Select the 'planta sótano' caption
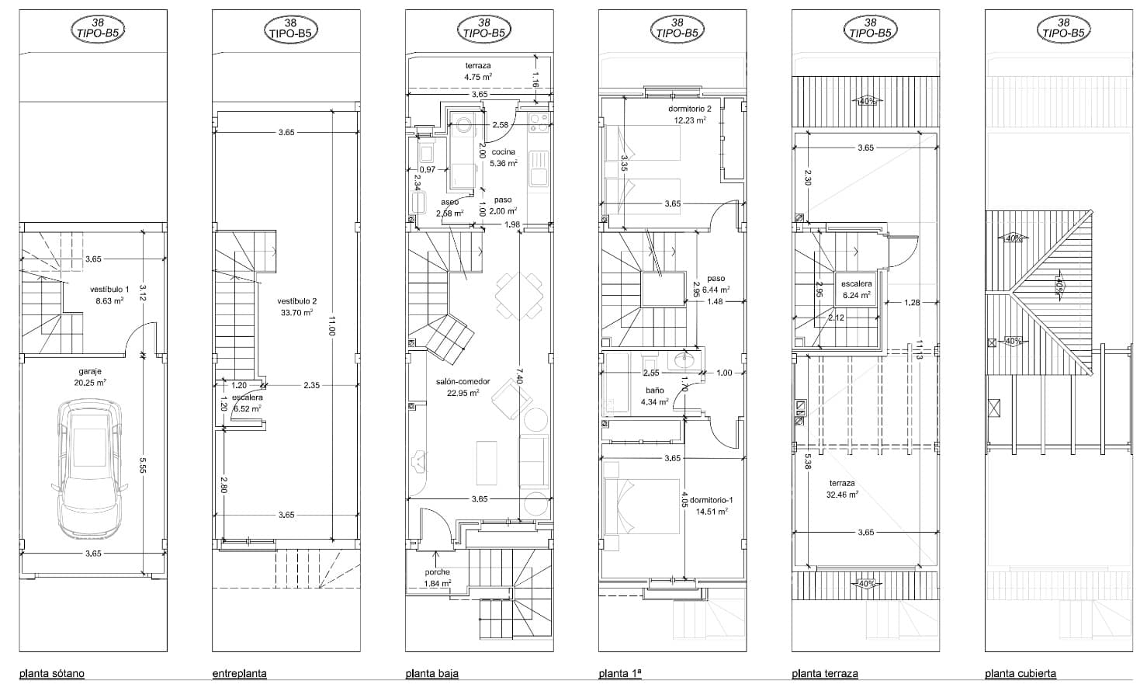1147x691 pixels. coord(51,673)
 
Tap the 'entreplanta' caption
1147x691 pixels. coord(239,673)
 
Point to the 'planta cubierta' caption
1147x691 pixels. coord(1020,673)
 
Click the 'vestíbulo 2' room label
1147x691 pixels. coord(296,301)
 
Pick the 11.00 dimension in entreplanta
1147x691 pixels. coord(331,325)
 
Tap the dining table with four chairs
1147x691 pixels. coord(520,296)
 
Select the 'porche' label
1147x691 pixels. coord(436,572)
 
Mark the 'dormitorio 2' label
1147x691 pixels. coord(689,109)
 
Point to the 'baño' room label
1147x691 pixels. coord(654,391)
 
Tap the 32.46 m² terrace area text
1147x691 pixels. coord(842,494)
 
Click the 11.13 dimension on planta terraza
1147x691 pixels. coord(919,351)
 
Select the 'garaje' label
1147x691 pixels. coord(90,371)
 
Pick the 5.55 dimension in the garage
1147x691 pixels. coord(143,464)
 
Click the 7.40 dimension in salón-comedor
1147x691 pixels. coord(519,377)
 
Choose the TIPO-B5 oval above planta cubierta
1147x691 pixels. coord(1063,29)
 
